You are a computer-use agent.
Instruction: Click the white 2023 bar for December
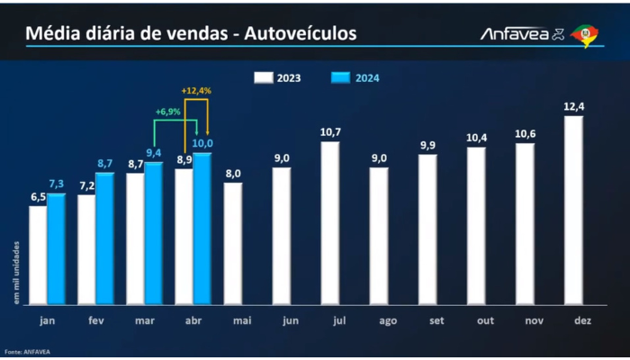pos(573,211)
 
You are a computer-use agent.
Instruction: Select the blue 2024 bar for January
pos(56,249)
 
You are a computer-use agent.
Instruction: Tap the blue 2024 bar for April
pos(202,229)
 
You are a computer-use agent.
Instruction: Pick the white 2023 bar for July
pos(330,223)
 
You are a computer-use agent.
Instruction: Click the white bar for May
pos(233,244)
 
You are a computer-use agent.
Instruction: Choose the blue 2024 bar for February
pos(104,238)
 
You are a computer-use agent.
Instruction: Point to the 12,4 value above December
pos(573,107)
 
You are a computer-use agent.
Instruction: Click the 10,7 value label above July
pos(330,133)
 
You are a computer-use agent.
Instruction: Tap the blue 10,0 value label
pos(202,144)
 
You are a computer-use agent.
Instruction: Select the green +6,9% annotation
pos(168,112)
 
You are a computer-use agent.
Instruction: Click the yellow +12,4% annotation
pos(195,91)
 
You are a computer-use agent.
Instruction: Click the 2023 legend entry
pos(288,77)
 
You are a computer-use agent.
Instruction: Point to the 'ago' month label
pos(379,320)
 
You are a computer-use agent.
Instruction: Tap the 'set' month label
pos(427,320)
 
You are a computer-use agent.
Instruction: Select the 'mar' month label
pos(144,320)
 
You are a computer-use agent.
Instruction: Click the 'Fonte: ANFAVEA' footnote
pos(26,352)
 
